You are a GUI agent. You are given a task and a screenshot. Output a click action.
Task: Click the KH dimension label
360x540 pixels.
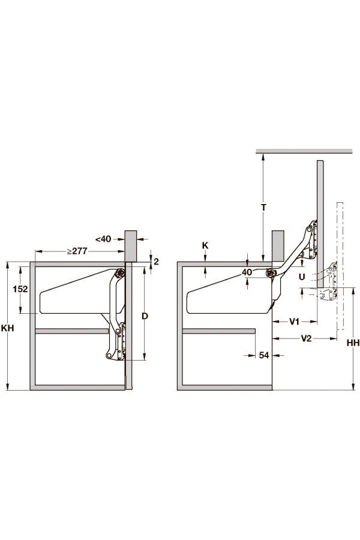(8, 328)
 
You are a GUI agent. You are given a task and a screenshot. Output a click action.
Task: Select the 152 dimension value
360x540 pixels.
(20, 289)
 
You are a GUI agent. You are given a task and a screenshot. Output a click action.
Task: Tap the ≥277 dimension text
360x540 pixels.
(77, 251)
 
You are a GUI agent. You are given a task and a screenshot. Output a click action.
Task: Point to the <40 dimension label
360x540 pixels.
(103, 239)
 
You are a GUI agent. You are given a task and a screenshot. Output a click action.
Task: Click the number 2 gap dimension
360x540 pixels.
(156, 262)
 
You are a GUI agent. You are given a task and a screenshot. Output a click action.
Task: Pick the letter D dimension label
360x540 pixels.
(145, 316)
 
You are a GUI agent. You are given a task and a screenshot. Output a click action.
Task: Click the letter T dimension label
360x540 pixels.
(264, 208)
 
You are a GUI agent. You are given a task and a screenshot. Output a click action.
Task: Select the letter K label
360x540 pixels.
(205, 245)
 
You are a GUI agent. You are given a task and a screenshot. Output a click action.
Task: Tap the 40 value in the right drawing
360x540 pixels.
(247, 272)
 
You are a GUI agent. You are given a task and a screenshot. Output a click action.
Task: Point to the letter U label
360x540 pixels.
(302, 277)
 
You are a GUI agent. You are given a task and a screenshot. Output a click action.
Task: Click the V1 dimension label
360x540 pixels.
(294, 322)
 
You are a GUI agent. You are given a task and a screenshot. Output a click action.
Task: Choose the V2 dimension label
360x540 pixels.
(306, 338)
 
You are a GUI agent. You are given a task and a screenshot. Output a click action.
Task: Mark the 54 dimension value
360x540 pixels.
(264, 355)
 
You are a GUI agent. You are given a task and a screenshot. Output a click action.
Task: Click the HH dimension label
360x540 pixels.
(353, 343)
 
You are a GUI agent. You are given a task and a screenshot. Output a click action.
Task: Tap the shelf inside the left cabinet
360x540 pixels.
(72, 331)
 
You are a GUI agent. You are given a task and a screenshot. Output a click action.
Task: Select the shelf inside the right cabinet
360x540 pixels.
(219, 331)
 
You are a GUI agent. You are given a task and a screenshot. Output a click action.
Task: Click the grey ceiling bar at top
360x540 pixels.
(304, 151)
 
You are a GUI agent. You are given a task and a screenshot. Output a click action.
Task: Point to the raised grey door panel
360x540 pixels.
(320, 224)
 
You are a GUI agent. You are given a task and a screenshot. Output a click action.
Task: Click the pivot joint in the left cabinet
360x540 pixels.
(120, 272)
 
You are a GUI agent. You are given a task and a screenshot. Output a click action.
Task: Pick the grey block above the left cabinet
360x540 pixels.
(131, 246)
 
